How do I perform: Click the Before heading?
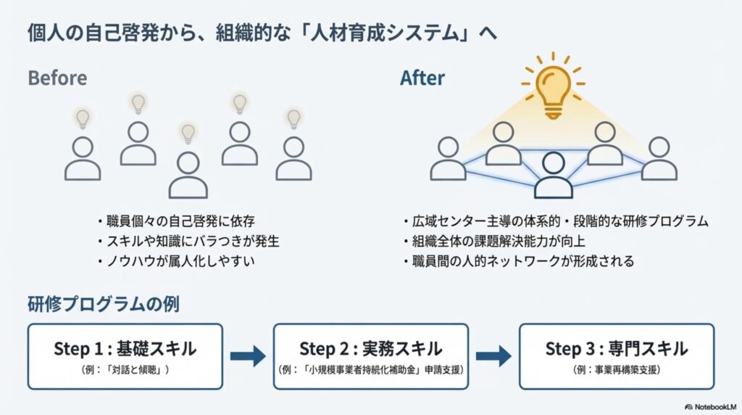coord(57,78)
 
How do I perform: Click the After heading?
coord(422,78)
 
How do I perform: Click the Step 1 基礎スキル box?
coord(125,356)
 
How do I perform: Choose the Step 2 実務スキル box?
coord(371,356)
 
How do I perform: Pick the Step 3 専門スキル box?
coord(617,356)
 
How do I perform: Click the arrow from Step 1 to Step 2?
coord(248,356)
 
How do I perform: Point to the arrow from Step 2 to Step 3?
coord(493,356)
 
